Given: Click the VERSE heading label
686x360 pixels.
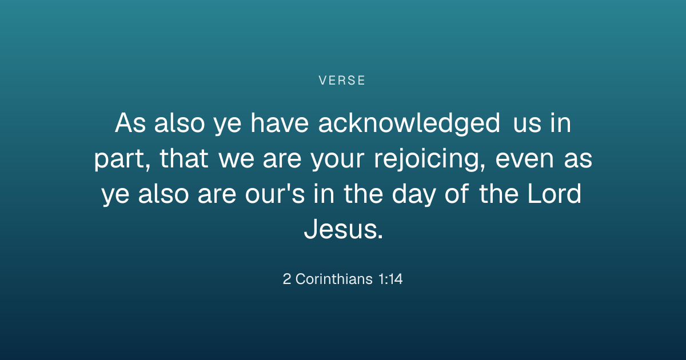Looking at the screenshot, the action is (x=342, y=81).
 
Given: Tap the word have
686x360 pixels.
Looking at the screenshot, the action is (x=280, y=123).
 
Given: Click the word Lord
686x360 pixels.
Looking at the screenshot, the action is (x=554, y=194).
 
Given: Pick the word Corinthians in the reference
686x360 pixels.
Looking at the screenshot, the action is (x=334, y=279).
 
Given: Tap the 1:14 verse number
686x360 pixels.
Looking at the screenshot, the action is (x=390, y=279).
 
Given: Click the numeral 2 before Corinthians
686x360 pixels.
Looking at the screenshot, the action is (x=286, y=279).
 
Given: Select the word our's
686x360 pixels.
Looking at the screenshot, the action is (x=275, y=194).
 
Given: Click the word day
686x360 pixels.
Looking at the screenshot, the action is (x=414, y=195).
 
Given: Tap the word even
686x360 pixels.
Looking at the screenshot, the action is (x=524, y=159).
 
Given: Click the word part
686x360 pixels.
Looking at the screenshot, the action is (x=122, y=160).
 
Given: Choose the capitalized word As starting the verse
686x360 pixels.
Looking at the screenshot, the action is (x=130, y=123).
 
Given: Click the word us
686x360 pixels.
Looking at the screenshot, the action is (x=527, y=125).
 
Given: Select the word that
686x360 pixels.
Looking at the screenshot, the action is (x=184, y=159).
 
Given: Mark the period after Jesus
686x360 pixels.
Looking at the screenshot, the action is (x=381, y=237).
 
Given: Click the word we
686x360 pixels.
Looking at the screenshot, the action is (x=236, y=159).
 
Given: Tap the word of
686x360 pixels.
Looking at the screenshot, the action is (x=457, y=193).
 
